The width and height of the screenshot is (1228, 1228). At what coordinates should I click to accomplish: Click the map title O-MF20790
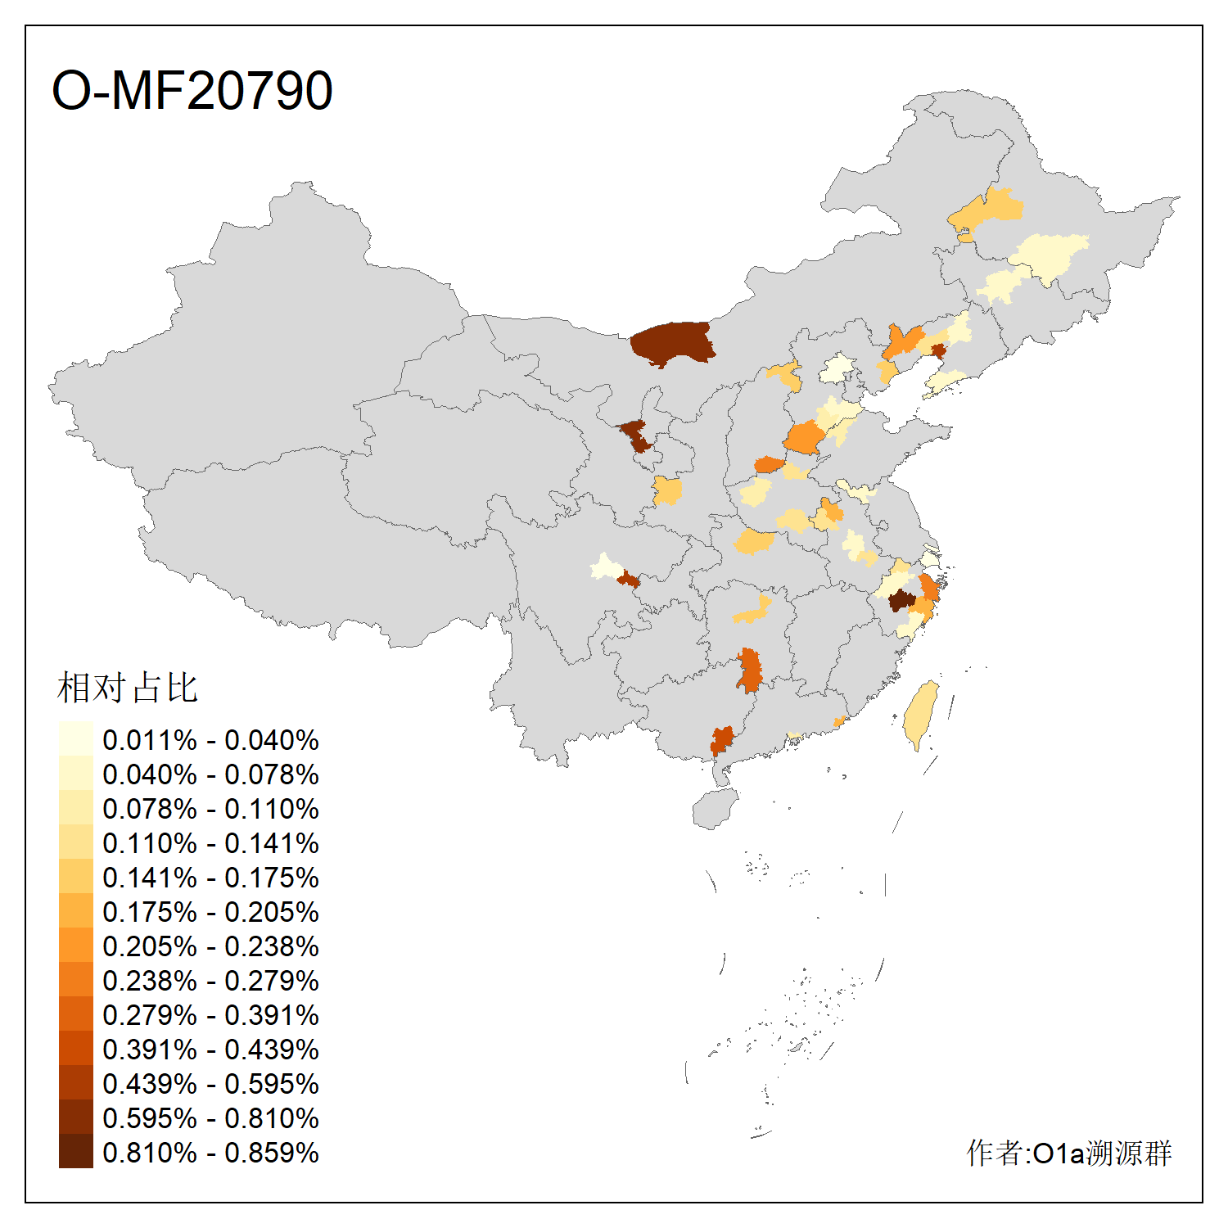pos(192,90)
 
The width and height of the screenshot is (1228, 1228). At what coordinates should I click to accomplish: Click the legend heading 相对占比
pos(128,688)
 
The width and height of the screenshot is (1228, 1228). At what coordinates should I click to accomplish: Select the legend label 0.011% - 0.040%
pos(210,740)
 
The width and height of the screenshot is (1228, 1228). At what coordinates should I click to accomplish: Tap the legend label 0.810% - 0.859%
pos(210,1153)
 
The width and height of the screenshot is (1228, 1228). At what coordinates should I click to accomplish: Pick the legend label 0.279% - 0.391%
pos(210,1015)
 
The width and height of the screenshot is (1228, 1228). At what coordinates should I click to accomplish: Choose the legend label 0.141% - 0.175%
pos(210,878)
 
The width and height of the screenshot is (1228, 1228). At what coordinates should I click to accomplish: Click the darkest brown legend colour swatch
pos(76,1151)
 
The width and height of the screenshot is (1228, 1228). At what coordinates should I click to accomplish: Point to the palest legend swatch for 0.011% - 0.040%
pos(76,738)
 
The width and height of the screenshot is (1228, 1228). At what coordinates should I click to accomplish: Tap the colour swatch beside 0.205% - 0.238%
pos(76,945)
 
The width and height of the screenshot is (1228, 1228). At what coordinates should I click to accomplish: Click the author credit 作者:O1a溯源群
pos(1069,1153)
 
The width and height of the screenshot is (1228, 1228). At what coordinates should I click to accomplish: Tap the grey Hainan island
pos(716,809)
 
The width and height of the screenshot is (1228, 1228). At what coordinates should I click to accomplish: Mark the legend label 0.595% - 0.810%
pos(210,1118)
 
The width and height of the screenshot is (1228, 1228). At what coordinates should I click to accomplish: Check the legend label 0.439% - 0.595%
pos(210,1084)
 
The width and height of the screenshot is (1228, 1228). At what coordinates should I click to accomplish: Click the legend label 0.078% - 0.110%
pos(210,809)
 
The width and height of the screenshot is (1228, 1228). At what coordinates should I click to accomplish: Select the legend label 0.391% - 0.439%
pos(210,1050)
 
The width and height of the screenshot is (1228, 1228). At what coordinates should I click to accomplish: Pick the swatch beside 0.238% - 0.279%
pos(76,979)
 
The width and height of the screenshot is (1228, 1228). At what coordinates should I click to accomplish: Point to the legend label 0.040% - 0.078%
pos(210,774)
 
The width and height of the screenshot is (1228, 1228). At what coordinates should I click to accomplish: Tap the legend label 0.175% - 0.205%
pos(210,912)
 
